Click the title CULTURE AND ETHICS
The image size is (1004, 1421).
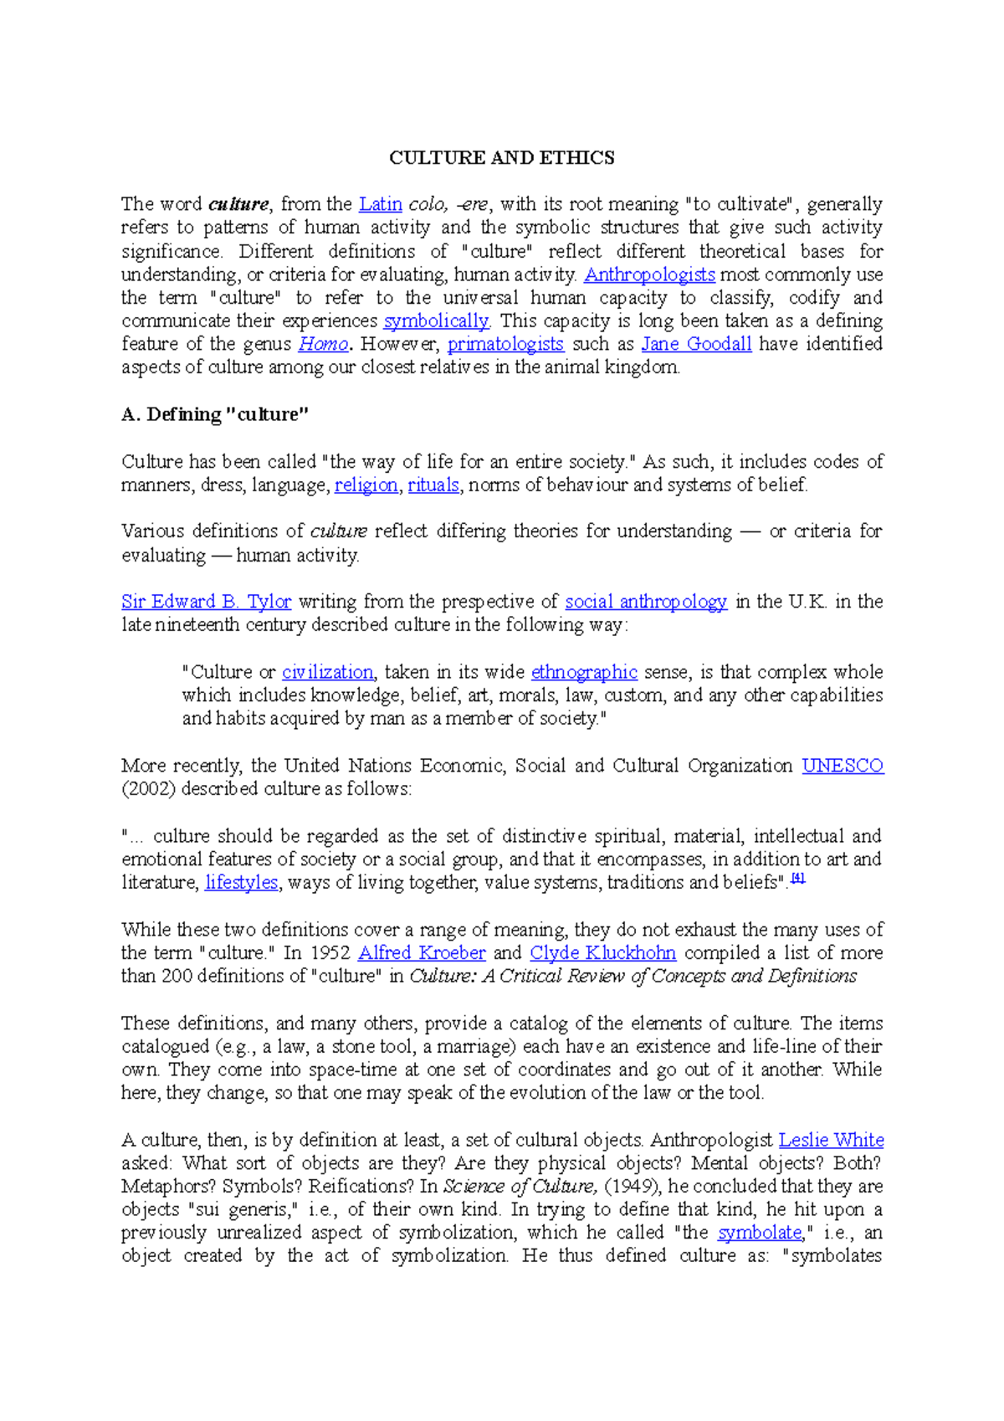[502, 158]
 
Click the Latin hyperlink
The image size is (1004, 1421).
[380, 204]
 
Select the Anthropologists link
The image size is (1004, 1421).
[649, 274]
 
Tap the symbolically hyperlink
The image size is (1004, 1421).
[436, 321]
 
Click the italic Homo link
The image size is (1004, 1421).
[323, 344]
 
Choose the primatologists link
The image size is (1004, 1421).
[505, 344]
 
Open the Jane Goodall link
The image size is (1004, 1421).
[696, 344]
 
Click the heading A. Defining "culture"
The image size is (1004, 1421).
[215, 414]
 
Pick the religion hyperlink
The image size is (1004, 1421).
[366, 485]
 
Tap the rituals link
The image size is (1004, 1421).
[433, 485]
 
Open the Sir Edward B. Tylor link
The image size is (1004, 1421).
[206, 602]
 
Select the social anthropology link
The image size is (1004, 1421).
[646, 602]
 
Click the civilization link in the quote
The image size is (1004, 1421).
[327, 672]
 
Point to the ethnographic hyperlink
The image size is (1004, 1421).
[584, 672]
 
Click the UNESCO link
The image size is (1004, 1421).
[843, 766]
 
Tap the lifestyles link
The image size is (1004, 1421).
[241, 883]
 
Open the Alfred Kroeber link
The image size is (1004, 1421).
[422, 953]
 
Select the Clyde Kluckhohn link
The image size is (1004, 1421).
[602, 953]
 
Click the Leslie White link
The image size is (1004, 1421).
[831, 1141]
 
